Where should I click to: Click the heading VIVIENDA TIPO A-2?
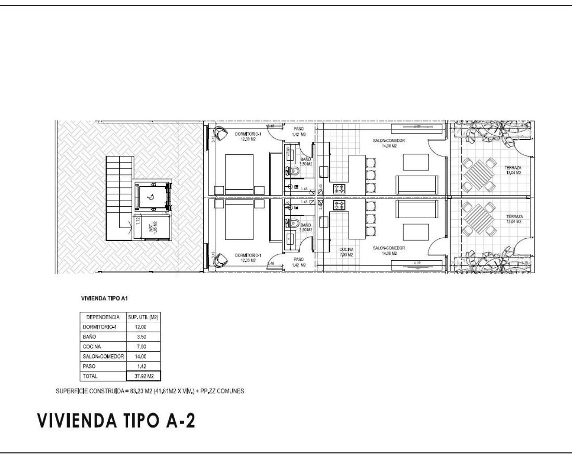pyautogui.click(x=116, y=420)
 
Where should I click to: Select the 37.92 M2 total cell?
pyautogui.click(x=143, y=376)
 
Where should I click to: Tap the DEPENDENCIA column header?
pyautogui.click(x=103, y=317)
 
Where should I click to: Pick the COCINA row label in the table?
pyautogui.click(x=92, y=347)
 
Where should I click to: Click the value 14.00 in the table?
pyautogui.click(x=140, y=357)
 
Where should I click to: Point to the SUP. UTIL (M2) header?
pyautogui.click(x=143, y=317)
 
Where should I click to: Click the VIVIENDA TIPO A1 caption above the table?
pyautogui.click(x=104, y=299)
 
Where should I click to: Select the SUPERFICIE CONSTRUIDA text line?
pyautogui.click(x=150, y=391)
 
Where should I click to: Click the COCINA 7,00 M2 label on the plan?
pyautogui.click(x=346, y=252)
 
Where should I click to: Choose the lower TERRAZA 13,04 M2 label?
pyautogui.click(x=514, y=219)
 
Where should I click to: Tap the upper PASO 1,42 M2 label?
pyautogui.click(x=299, y=131)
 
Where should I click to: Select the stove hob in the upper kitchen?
pyautogui.click(x=339, y=189)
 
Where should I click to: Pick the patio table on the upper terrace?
pyautogui.click(x=479, y=174)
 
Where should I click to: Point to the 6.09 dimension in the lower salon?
pyautogui.click(x=417, y=263)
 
